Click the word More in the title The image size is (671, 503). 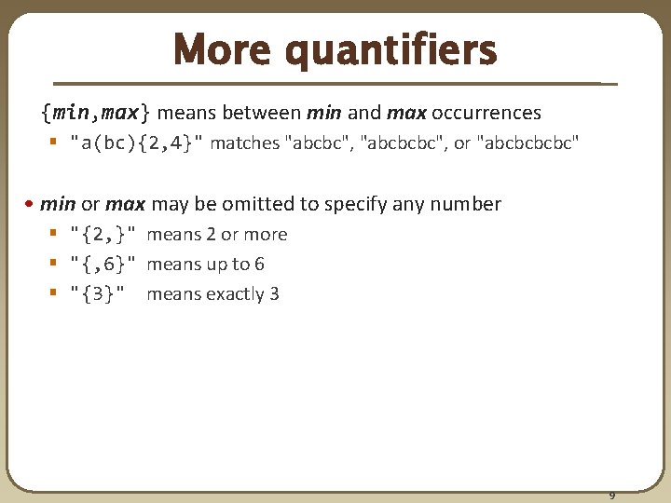pyautogui.click(x=225, y=50)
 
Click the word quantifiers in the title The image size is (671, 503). pyautogui.click(x=390, y=52)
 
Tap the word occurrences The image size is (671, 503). pyautogui.click(x=486, y=113)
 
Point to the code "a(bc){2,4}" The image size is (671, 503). pyautogui.click(x=137, y=143)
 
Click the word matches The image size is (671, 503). pyautogui.click(x=244, y=143)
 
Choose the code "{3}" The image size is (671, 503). pyautogui.click(x=99, y=294)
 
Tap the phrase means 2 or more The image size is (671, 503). pyautogui.click(x=217, y=235)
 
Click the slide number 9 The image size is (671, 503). pyautogui.click(x=612, y=496)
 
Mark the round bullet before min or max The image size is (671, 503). pyautogui.click(x=31, y=204)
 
